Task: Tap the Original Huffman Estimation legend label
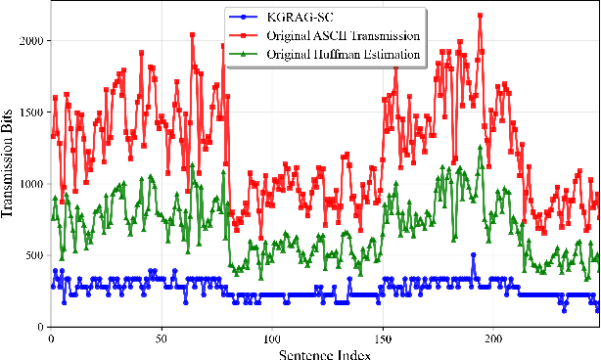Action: (342, 54)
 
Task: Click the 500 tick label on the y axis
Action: (34, 255)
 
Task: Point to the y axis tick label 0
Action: (40, 327)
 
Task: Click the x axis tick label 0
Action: (50, 338)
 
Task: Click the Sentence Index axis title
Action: (324, 351)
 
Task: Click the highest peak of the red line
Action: (480, 16)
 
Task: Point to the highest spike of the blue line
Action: (474, 255)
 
